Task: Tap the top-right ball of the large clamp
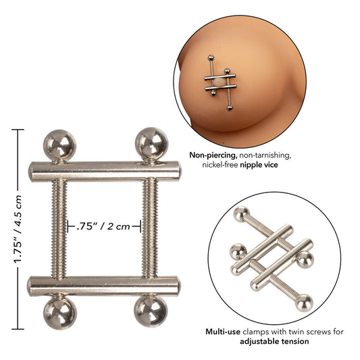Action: point(150,143)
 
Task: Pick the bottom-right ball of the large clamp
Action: point(150,313)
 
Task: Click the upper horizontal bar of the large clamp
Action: point(104,170)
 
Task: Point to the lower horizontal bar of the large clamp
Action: point(104,284)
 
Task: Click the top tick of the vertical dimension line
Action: point(18,129)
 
